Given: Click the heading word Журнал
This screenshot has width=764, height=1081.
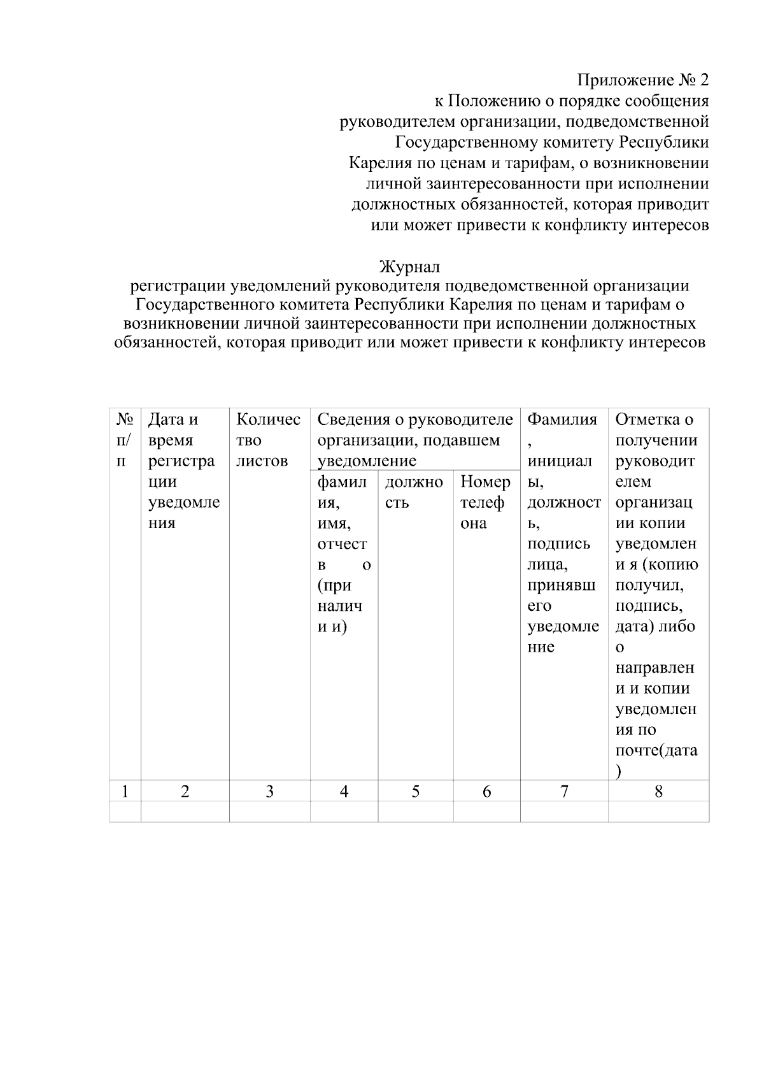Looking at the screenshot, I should coord(409,266).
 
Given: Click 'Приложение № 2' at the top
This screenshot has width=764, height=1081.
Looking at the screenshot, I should coord(642,80).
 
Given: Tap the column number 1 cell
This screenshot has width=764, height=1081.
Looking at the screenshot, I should coord(125,792).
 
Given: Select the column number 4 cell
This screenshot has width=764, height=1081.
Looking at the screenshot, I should coord(344,792).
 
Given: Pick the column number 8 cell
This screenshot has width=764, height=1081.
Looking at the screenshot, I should coord(658,792).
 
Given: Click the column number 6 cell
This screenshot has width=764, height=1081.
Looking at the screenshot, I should coord(486,792).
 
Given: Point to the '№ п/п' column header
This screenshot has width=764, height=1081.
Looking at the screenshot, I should coord(125,440).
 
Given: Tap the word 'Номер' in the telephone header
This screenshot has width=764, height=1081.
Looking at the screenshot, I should coord(485,482).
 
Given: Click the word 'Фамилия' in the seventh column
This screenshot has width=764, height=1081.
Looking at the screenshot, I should coord(563,420).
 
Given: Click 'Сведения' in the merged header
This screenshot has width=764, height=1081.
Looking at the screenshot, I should coord(353,420).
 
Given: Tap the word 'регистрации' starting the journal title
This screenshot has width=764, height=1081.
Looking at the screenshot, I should coord(176,286).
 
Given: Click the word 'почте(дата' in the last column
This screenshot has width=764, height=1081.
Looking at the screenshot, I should coord(656,750).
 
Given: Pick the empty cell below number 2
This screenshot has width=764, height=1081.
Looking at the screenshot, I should coord(185,812).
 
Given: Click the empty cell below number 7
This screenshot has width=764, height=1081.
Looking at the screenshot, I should coord(564,812).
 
